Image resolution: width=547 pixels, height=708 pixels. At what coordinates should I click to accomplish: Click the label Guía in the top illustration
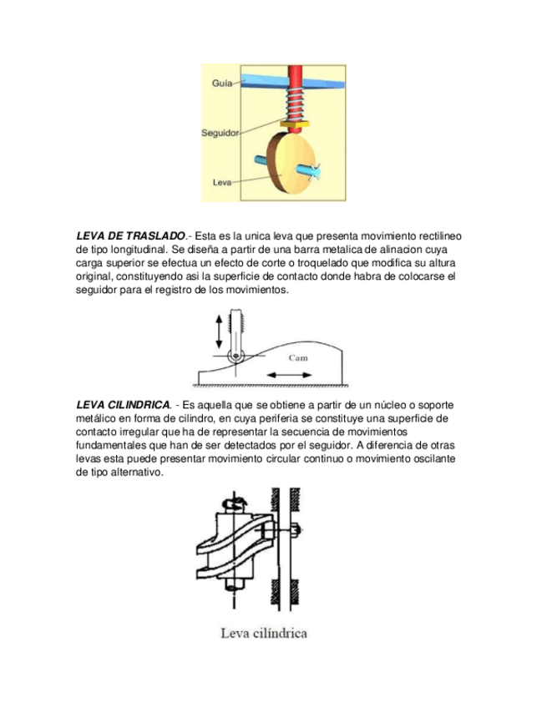click(x=221, y=83)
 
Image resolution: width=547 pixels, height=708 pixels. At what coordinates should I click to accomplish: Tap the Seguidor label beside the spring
click(x=220, y=133)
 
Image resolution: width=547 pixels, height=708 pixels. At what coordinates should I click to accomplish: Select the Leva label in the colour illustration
click(x=222, y=182)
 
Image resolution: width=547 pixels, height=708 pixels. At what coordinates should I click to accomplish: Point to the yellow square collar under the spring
click(x=295, y=124)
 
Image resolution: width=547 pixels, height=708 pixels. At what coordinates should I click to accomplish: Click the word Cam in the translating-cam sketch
click(x=297, y=357)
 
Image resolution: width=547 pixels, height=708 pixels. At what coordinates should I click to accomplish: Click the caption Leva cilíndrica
click(x=263, y=633)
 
